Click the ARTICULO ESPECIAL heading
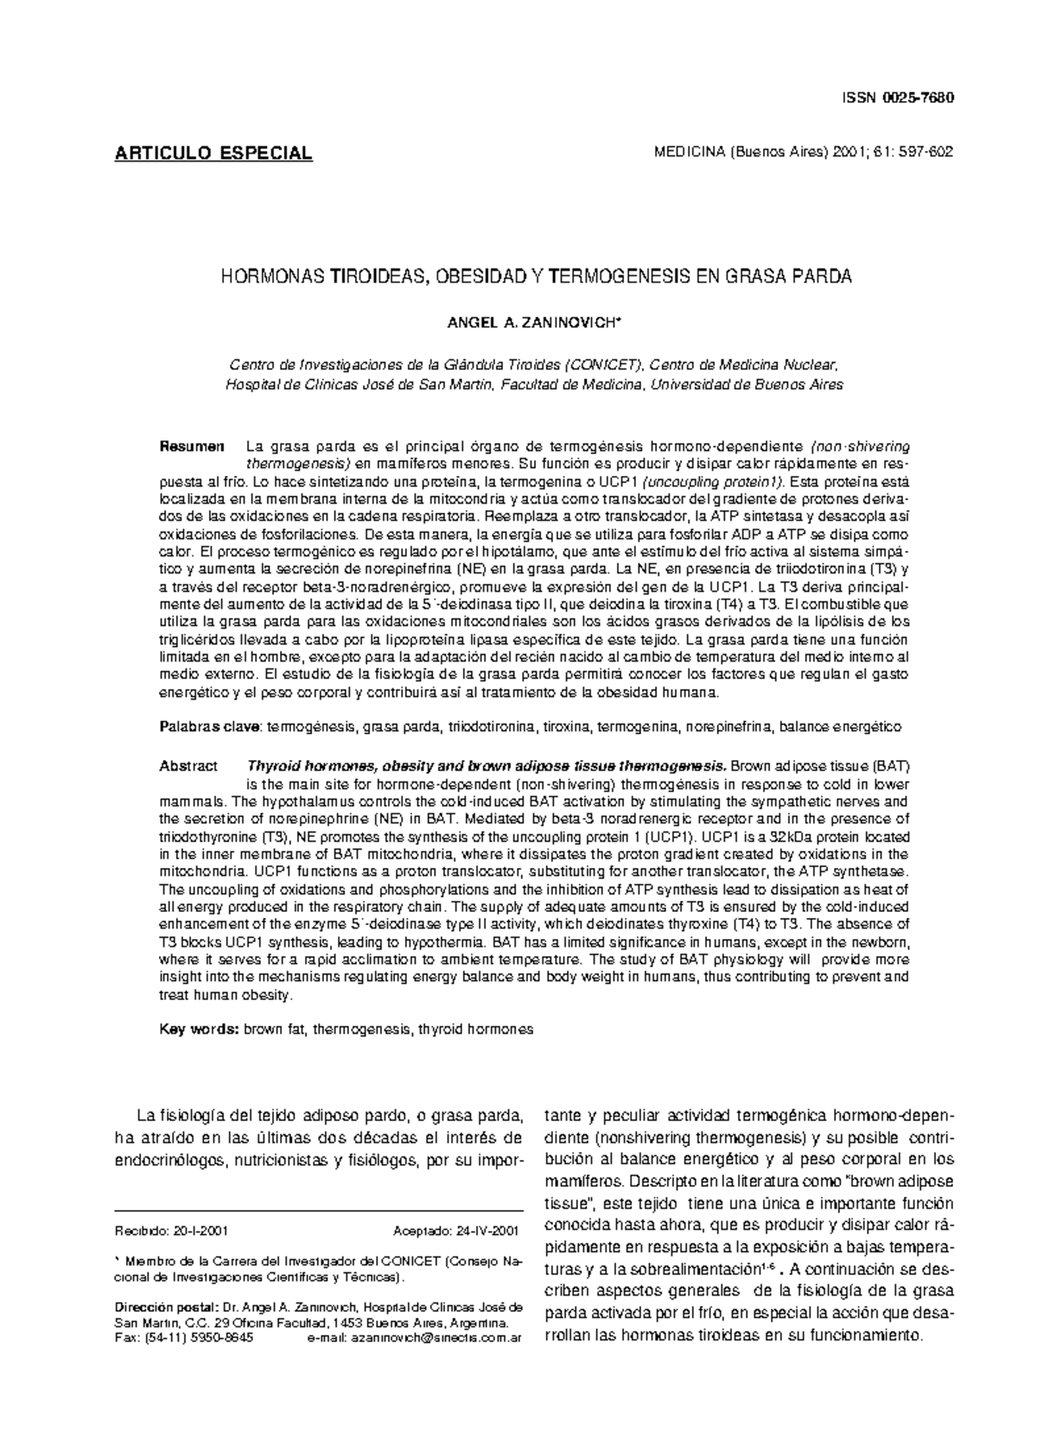coord(213,154)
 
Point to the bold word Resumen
coord(192,447)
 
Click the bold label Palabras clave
coord(212,727)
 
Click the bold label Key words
coord(199,1030)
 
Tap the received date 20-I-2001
coord(200,1231)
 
